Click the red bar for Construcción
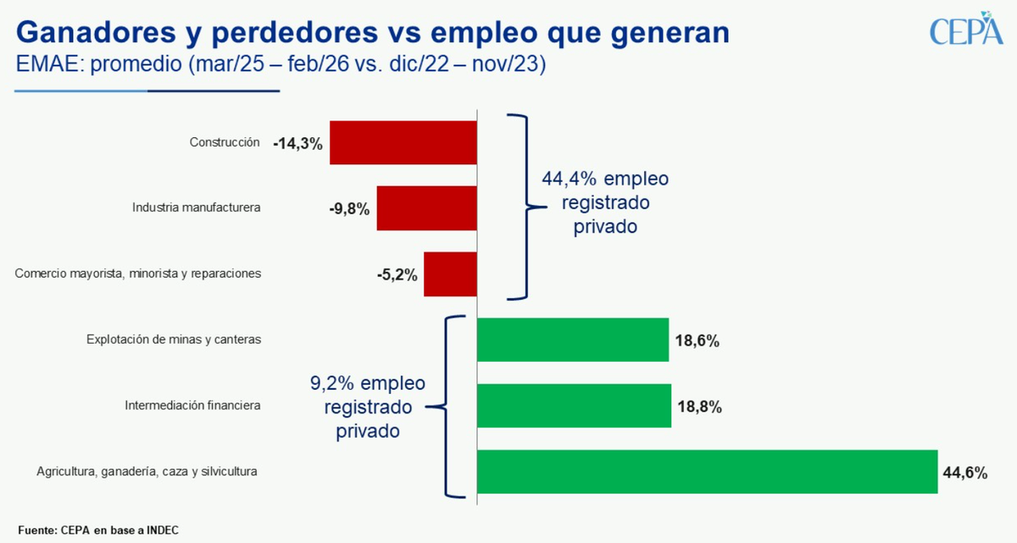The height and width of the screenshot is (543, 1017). pos(403,142)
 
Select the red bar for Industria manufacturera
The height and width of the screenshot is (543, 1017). pos(427,208)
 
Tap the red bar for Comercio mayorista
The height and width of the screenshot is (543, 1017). pos(450,274)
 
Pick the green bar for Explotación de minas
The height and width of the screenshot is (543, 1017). pos(573,340)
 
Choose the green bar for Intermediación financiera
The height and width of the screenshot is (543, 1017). pos(574,406)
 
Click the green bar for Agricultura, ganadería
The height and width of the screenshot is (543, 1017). pos(707,472)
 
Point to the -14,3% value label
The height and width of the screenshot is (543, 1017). pos(297,144)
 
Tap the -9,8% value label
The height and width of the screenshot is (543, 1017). pos(349,209)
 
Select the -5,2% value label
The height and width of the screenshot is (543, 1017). pos(397,274)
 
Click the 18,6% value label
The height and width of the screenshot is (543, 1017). pos(697,341)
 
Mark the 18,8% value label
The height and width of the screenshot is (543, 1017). pos(699,407)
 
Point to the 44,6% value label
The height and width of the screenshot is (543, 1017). pos(964,473)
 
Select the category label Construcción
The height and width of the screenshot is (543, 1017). pos(225,142)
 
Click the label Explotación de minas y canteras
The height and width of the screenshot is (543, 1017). pos(173,339)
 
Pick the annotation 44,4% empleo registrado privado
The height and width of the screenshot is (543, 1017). pos(604,203)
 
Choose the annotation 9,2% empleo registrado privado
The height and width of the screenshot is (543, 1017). pos(368,407)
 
